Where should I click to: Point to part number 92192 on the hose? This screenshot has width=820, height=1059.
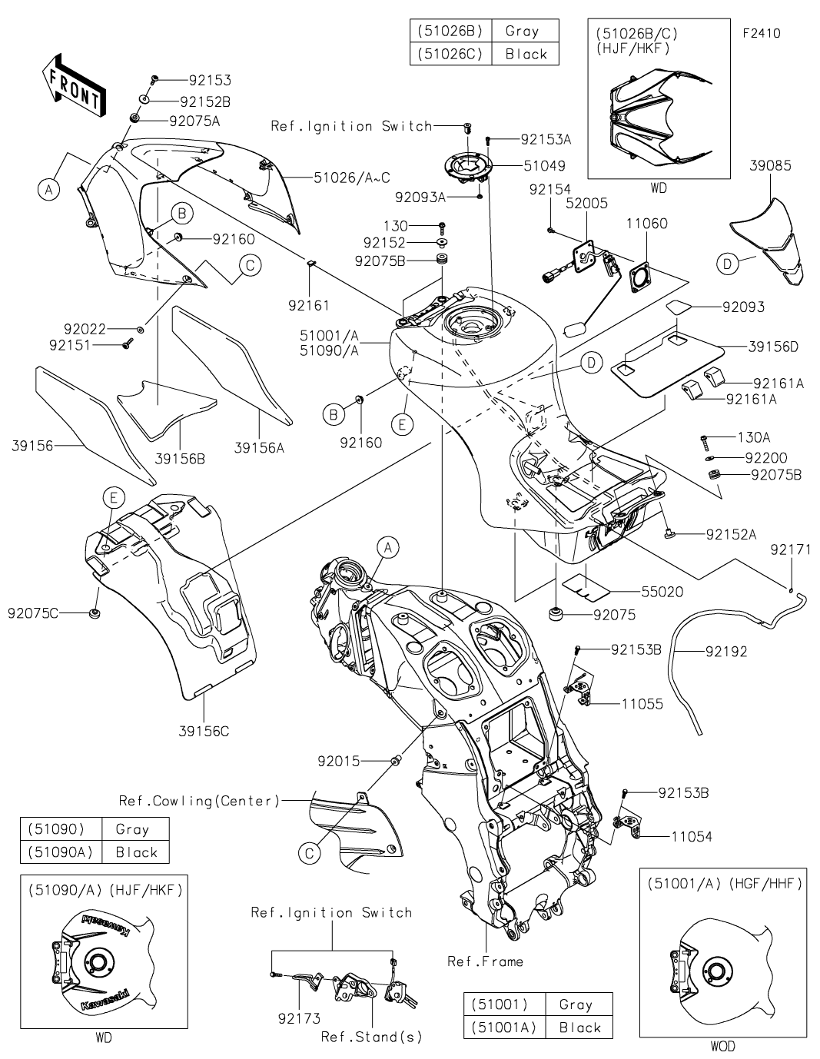(726, 652)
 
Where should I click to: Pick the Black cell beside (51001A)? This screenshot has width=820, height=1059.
(580, 1027)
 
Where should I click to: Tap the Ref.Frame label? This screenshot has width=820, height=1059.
(485, 961)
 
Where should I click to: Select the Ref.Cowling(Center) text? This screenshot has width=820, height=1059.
(199, 801)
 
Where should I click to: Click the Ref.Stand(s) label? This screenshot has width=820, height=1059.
(372, 1037)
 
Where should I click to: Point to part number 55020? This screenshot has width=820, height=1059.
(663, 592)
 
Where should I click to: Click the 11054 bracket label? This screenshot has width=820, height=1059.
(691, 836)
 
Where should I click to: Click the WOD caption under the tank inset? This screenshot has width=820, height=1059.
(722, 1046)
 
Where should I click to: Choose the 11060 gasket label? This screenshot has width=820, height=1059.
(646, 224)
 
